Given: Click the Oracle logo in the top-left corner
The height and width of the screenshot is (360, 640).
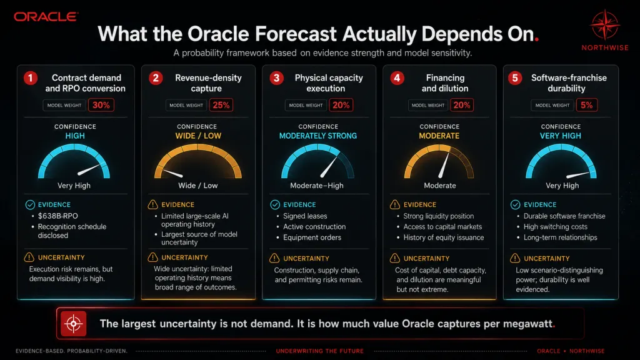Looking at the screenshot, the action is tap(46, 17).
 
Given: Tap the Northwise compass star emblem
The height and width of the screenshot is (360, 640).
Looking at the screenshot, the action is tap(605, 25).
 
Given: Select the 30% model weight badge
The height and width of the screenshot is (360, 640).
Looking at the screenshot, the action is tap(101, 105).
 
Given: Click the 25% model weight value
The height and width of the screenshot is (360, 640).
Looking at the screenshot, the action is tap(221, 105).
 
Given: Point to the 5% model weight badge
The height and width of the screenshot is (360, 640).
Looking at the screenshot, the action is tap(586, 105).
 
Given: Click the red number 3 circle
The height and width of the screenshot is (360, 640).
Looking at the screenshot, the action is tap(276, 78).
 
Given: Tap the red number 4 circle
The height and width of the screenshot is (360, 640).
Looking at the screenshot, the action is tap(397, 78).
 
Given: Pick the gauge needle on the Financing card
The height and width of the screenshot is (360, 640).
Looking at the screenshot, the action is tap(444, 165).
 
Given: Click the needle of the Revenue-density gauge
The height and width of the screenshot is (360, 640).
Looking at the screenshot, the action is tap(172, 173).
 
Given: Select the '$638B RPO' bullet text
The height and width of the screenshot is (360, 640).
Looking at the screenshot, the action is tap(57, 216).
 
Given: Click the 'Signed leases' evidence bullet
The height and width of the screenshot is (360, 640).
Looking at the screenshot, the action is tap(305, 216).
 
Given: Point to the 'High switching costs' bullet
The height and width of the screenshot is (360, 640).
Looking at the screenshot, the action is tap(556, 226).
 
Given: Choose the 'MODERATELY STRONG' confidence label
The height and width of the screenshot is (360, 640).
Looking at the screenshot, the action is tap(318, 136).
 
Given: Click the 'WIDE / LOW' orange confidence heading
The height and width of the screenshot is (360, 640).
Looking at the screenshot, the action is tap(198, 136).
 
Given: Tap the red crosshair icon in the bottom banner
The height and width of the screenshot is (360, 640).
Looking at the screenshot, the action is tap(74, 324).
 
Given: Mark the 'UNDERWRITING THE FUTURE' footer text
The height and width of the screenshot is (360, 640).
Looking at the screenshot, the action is tap(319, 351).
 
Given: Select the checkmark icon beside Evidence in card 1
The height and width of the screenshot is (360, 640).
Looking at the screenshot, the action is tap(30, 204).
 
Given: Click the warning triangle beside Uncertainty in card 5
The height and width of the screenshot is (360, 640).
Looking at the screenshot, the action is tap(515, 258).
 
